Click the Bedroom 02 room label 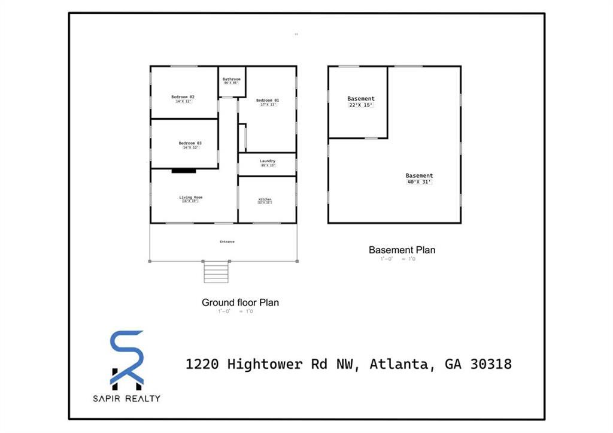[x=183, y=96]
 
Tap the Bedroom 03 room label [x=190, y=143]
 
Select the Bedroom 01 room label [x=268, y=100]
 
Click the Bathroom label [x=232, y=79]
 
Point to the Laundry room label [x=268, y=161]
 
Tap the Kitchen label [x=265, y=199]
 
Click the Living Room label [x=190, y=197]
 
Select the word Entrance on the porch [x=227, y=242]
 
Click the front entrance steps [x=217, y=272]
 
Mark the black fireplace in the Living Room [x=184, y=171]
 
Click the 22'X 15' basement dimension [x=361, y=105]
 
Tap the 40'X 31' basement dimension [x=419, y=182]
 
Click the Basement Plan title [x=402, y=250]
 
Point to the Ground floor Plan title [x=240, y=302]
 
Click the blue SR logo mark [x=126, y=358]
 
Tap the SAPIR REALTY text [x=126, y=398]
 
